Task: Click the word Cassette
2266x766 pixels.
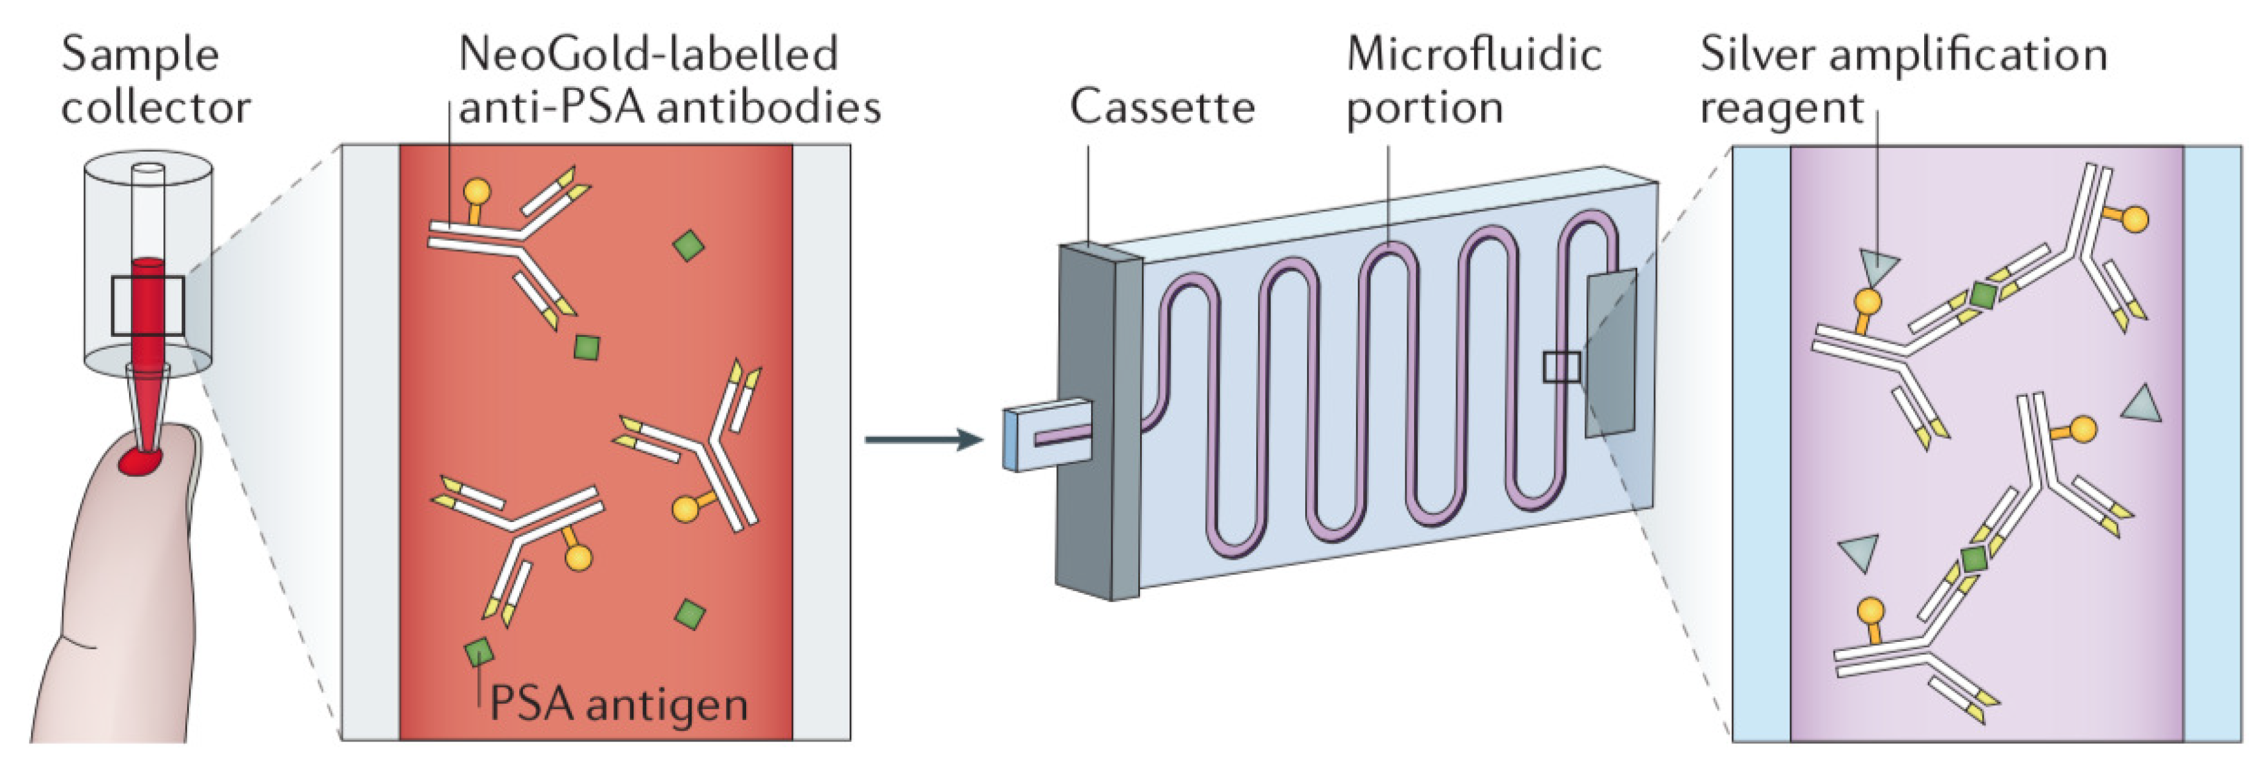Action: (1161, 108)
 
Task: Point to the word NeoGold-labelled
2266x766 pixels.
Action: (648, 54)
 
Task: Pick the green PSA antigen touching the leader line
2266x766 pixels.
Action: (478, 652)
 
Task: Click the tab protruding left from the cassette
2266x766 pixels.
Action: (1047, 436)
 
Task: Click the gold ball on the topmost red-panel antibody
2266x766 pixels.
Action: (476, 191)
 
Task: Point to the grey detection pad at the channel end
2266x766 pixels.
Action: (1610, 352)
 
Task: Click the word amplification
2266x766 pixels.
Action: (1968, 54)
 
